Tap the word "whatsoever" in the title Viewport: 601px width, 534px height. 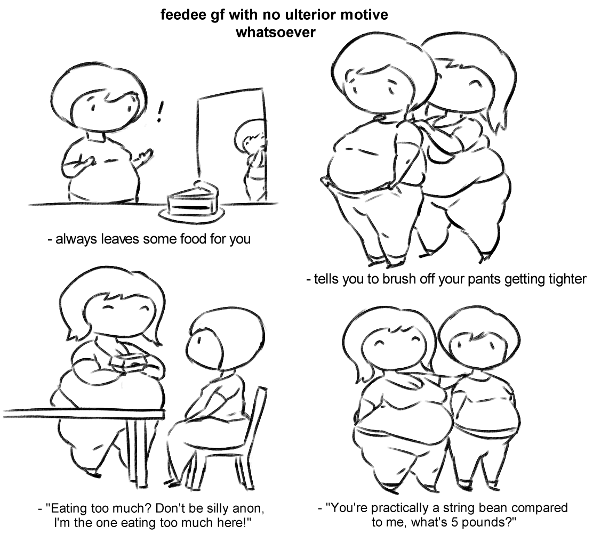click(276, 32)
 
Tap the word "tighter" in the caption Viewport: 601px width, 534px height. click(567, 279)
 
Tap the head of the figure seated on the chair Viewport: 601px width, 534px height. click(217, 338)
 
